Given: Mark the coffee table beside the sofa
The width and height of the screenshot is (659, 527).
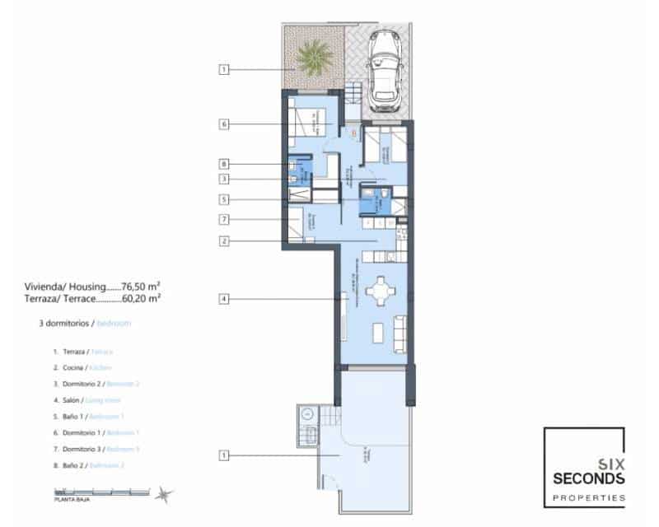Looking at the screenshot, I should click(379, 333).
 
